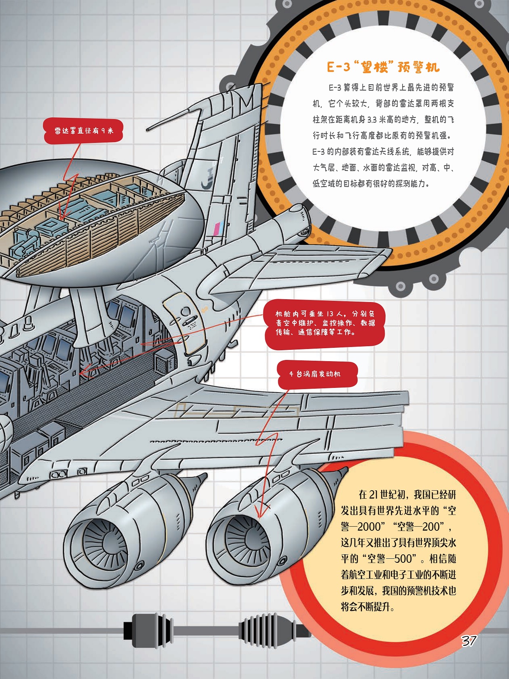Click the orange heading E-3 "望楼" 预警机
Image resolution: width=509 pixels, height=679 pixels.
pos(383,67)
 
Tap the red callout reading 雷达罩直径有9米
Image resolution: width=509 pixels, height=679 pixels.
pos(84,130)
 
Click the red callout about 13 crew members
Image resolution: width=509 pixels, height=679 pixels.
pos(325,323)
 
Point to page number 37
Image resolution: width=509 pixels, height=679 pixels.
pos(469,640)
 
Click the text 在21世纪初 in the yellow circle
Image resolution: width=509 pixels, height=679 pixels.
pos(382,495)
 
